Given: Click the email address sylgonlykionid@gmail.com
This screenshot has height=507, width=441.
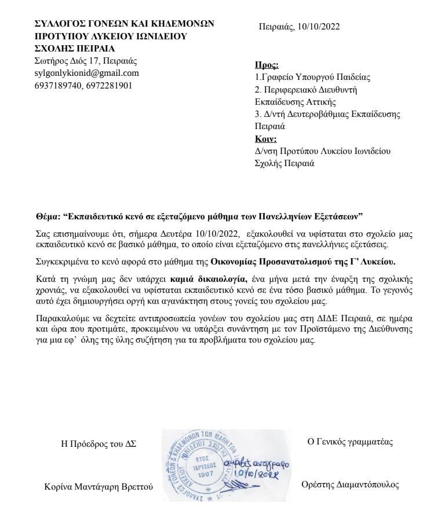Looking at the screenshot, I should tap(87, 73).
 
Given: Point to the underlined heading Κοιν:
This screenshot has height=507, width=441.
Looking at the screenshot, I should tap(266, 138).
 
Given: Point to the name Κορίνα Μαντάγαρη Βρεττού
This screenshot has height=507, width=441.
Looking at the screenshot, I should tap(99, 487).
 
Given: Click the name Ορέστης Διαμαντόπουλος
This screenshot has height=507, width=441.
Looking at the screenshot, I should tap(351, 485).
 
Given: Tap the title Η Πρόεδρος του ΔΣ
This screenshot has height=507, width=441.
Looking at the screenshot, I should tap(94, 444).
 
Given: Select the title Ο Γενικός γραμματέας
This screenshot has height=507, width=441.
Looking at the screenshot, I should tap(350, 442).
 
